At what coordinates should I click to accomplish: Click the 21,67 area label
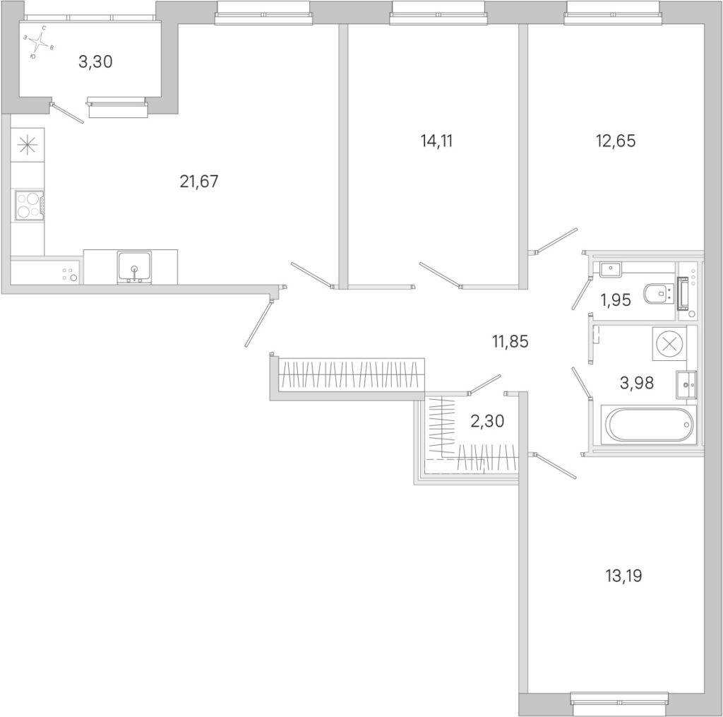tap(198, 182)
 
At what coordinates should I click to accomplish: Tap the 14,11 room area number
tap(436, 141)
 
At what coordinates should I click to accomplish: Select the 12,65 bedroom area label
tap(616, 141)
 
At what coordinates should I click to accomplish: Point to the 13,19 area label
tap(623, 576)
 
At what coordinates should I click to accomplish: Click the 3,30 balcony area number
tap(95, 61)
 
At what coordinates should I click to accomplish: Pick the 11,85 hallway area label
tap(510, 342)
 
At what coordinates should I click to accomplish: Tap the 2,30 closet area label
tap(487, 421)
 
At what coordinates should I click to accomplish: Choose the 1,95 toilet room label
tap(615, 300)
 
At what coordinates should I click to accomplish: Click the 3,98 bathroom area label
tap(636, 382)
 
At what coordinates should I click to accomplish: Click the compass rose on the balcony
tap(40, 42)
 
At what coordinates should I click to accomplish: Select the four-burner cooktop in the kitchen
tap(30, 206)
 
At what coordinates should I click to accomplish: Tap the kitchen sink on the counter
tap(134, 267)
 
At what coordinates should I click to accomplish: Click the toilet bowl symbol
tap(658, 294)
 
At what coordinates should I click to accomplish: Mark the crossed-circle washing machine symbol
tap(669, 343)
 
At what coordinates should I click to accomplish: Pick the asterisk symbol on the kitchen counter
tap(28, 145)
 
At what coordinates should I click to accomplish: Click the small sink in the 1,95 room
tap(611, 268)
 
